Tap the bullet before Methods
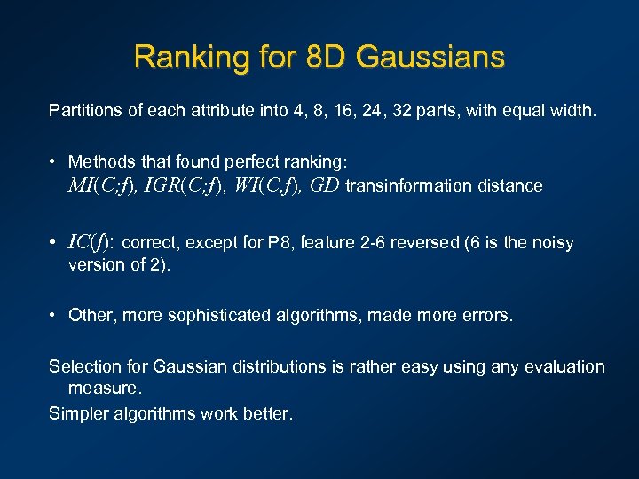pyautogui.click(x=55, y=161)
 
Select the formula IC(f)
pyautogui.click(x=91, y=242)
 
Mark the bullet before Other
pyautogui.click(x=55, y=316)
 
